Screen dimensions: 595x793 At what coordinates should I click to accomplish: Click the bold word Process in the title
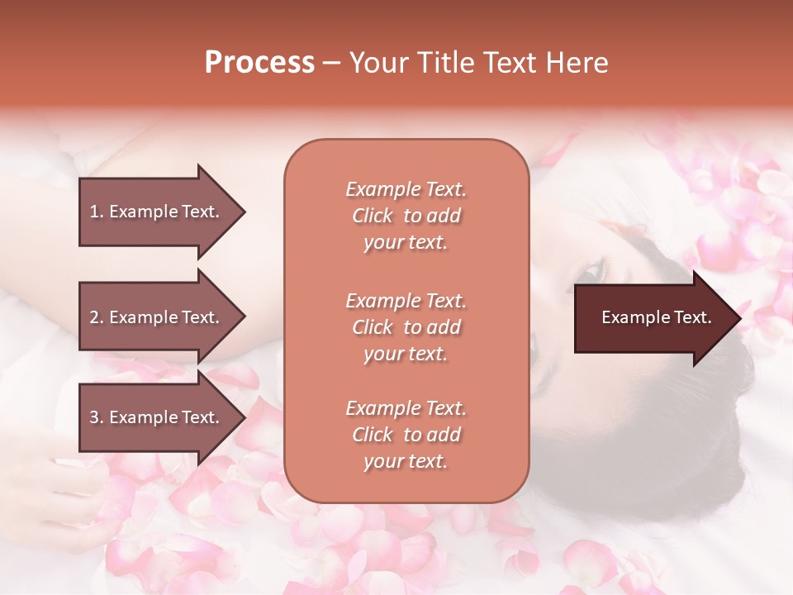pos(259,63)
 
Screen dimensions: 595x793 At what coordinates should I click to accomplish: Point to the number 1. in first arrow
pos(97,212)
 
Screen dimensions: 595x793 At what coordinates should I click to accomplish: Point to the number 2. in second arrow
pos(97,317)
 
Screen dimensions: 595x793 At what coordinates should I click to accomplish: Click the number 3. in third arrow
pos(97,417)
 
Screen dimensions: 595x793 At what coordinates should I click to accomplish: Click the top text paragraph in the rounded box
pos(406,216)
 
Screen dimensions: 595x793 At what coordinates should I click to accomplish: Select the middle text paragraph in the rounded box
pos(406,327)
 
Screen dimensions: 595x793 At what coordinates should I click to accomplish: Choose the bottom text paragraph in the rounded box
pos(406,435)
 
